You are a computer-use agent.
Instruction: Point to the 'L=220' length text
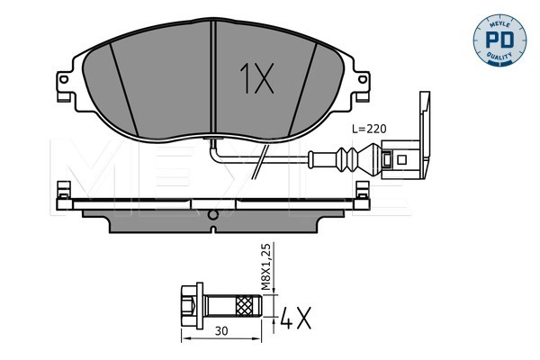367,130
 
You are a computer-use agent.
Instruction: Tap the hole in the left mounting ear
64,87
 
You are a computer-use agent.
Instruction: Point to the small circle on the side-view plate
211,214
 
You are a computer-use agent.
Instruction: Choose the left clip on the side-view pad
62,193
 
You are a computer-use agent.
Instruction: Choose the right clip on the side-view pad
361,193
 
